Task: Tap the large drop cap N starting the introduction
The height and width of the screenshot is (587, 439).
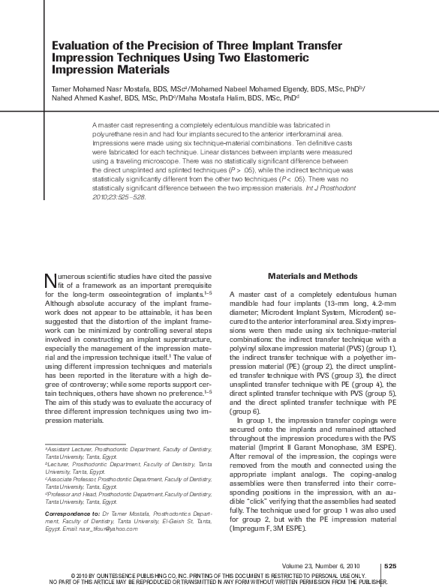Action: [50, 280]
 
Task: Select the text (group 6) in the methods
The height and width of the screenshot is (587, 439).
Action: [246, 412]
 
